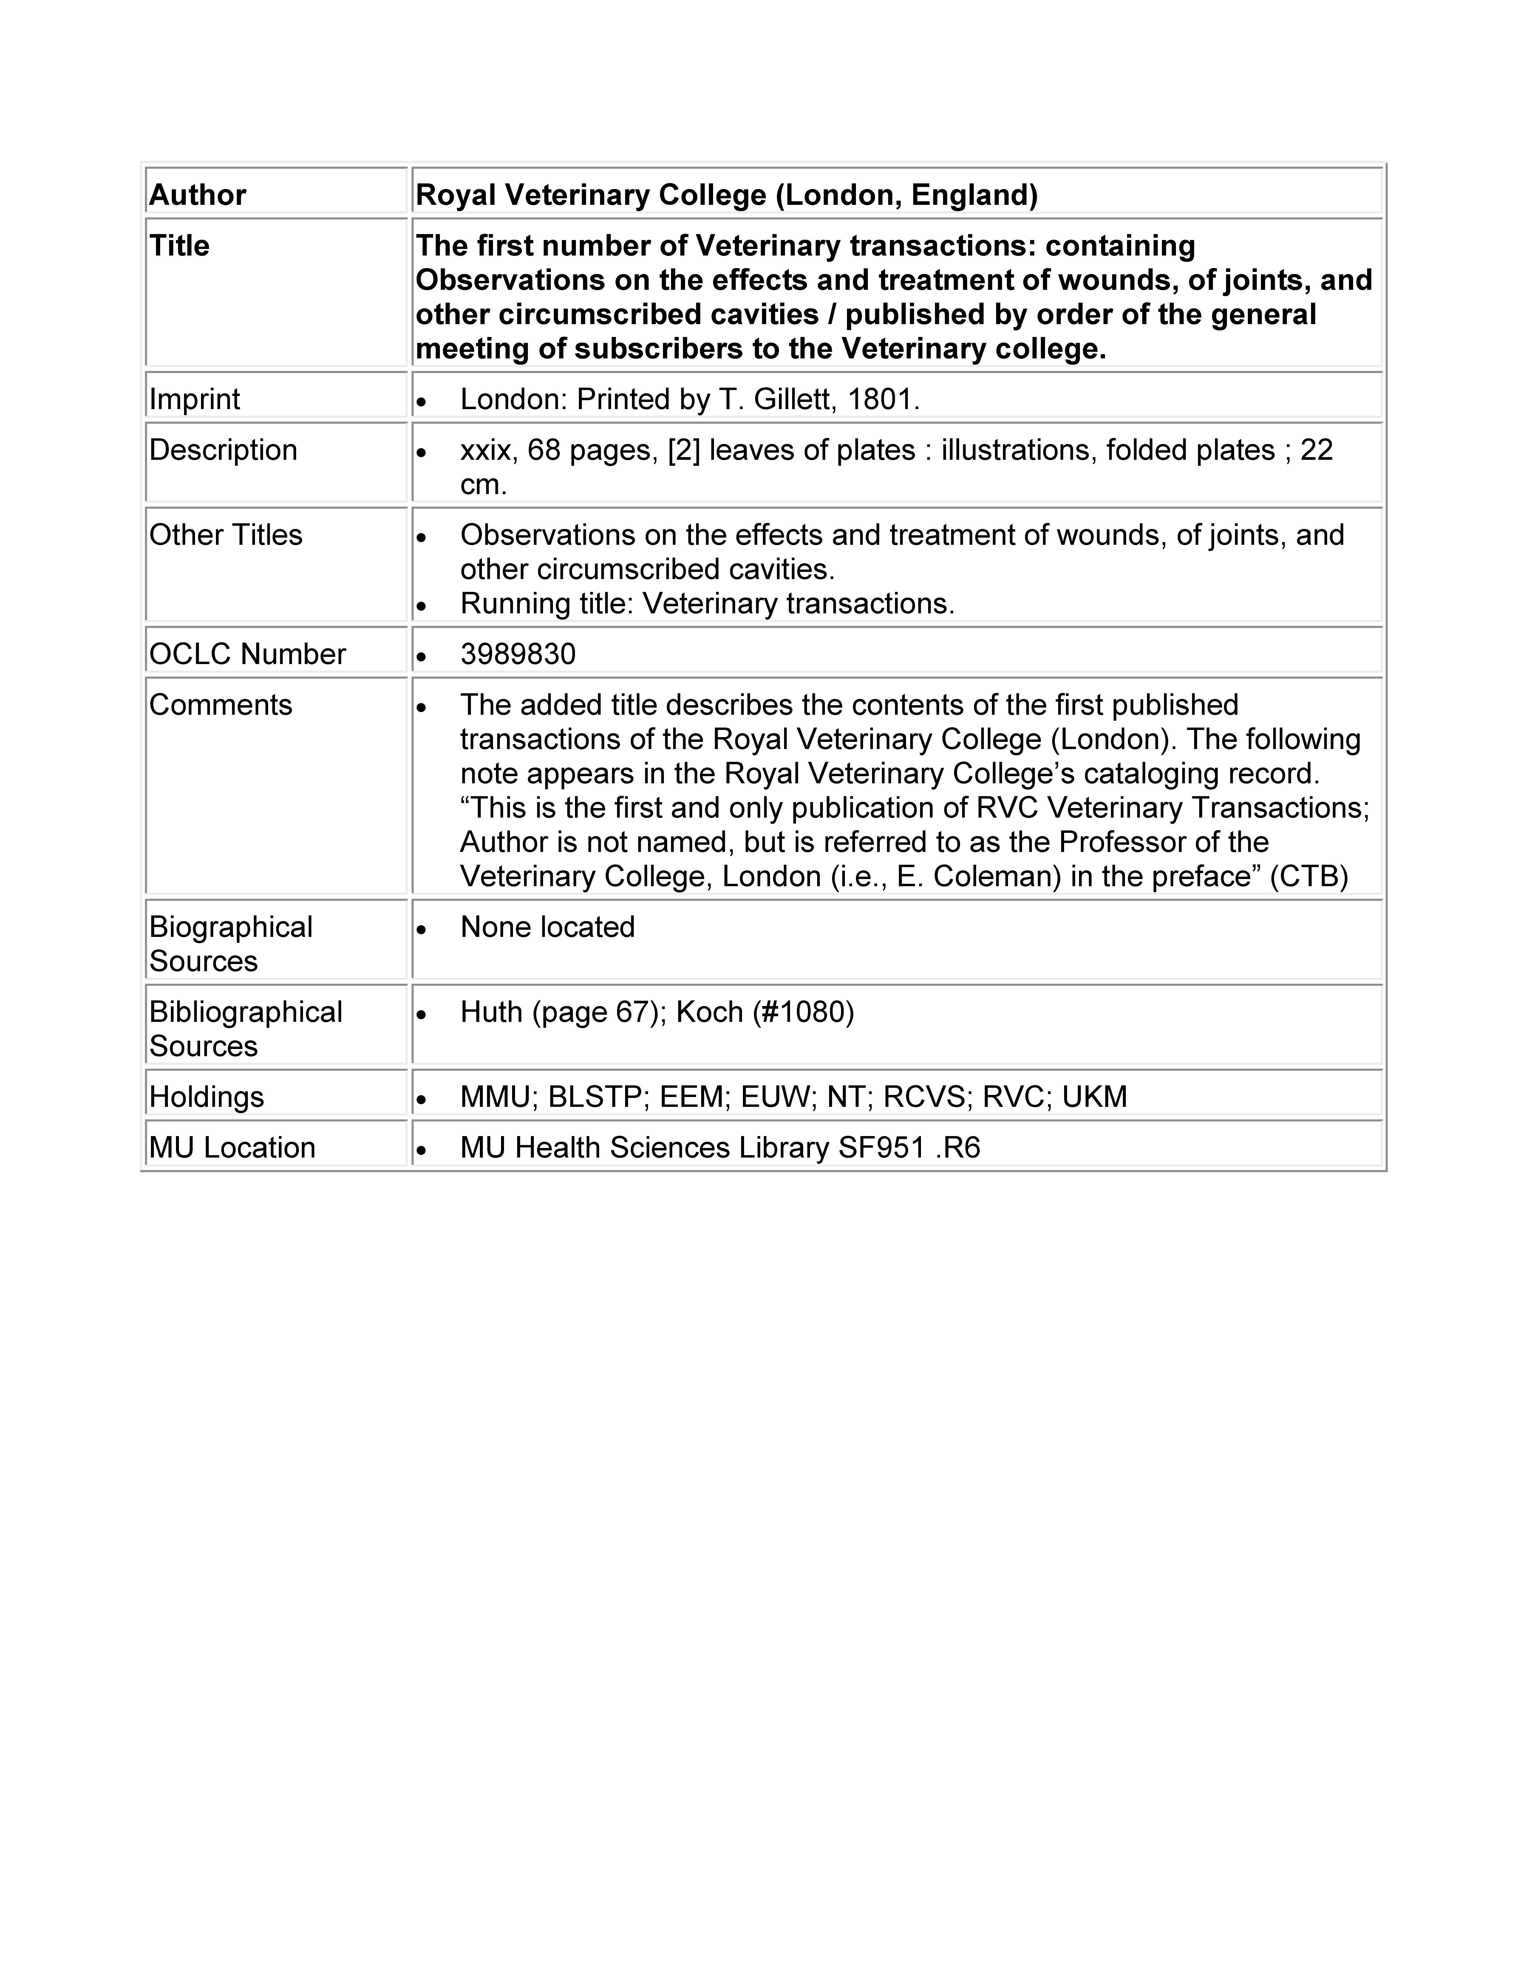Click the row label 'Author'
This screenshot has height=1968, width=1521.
click(197, 195)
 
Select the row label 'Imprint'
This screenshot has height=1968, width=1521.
click(195, 399)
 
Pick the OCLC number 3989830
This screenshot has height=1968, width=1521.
click(517, 654)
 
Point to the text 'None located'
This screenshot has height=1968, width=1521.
click(547, 927)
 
